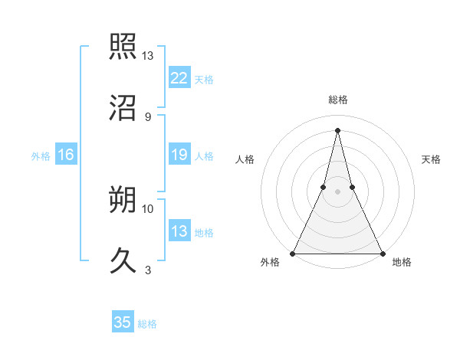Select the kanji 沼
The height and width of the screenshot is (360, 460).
tap(124, 108)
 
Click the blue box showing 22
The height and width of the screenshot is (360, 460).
tap(179, 77)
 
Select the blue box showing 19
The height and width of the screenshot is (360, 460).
tap(179, 155)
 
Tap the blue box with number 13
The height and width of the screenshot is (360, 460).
tap(179, 231)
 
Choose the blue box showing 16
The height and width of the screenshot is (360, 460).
tap(66, 155)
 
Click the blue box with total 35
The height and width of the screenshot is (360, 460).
tap(123, 322)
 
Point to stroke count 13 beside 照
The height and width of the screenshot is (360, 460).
tap(148, 56)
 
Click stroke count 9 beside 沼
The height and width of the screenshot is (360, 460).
tap(147, 117)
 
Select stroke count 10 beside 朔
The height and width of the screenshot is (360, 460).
tap(148, 208)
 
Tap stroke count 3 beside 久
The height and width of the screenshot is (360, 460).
tap(147, 270)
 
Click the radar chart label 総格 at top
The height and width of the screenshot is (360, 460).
tap(337, 100)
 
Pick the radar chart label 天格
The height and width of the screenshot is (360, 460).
tap(431, 159)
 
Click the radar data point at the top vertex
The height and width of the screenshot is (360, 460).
tap(337, 130)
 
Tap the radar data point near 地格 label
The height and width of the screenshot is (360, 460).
tap(382, 253)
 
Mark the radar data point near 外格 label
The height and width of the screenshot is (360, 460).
tap(293, 253)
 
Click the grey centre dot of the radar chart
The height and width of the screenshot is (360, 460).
tap(337, 191)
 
